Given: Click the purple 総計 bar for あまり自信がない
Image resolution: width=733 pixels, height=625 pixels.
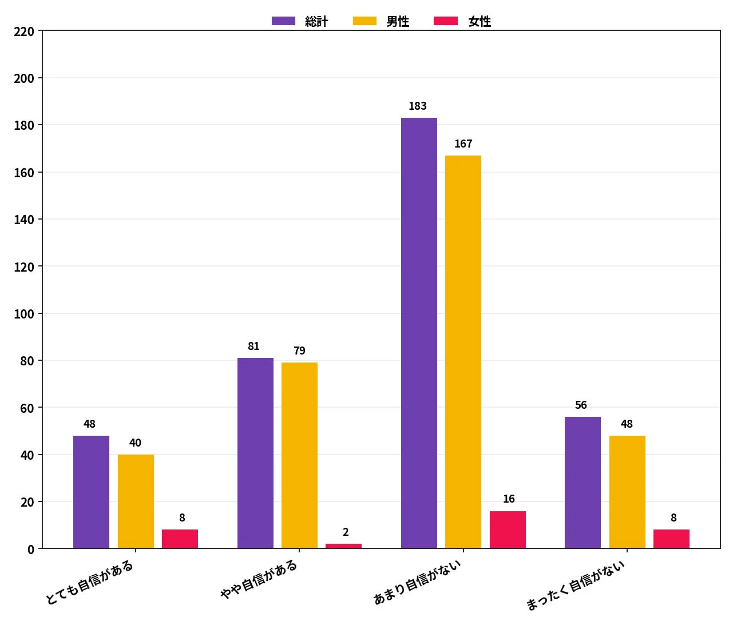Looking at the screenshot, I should pyautogui.click(x=419, y=333).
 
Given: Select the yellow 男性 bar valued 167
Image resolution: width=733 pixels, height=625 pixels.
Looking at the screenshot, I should pyautogui.click(x=463, y=352).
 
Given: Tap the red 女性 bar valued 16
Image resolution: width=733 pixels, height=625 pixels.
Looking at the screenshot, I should pyautogui.click(x=508, y=530).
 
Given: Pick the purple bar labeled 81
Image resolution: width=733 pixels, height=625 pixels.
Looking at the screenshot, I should pyautogui.click(x=255, y=453).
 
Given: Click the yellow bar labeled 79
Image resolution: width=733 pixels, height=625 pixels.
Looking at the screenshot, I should pyautogui.click(x=299, y=455).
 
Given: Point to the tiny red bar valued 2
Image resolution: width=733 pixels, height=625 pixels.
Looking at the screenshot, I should pyautogui.click(x=343, y=546).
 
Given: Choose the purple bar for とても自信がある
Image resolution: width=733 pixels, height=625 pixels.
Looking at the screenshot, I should pyautogui.click(x=91, y=492).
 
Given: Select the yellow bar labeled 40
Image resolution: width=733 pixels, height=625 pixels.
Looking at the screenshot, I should pyautogui.click(x=136, y=501).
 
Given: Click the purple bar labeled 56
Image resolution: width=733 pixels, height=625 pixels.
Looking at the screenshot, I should pyautogui.click(x=583, y=483).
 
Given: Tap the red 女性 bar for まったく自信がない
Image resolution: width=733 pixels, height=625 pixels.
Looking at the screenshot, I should pyautogui.click(x=671, y=539).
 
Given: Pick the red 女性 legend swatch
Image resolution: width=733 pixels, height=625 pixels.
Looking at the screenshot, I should pyautogui.click(x=446, y=21).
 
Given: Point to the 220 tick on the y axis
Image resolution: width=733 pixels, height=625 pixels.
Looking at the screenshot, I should pyautogui.click(x=24, y=31).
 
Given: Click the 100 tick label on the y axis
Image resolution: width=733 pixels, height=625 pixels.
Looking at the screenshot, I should pyautogui.click(x=24, y=314).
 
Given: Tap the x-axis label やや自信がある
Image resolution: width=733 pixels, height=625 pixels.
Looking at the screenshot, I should pyautogui.click(x=259, y=579).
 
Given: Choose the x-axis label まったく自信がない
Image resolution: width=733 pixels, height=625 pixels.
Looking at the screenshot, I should pyautogui.click(x=576, y=585).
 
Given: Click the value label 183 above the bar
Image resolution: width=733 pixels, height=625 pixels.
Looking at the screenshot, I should pyautogui.click(x=418, y=106).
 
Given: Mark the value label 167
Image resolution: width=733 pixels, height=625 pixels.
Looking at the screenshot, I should pyautogui.click(x=463, y=144).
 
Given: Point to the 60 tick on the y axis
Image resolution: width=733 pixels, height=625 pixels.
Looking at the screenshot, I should pyautogui.click(x=27, y=408).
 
